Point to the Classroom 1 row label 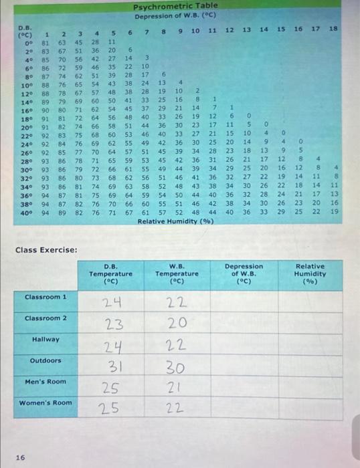click(x=46, y=296)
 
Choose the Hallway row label click(x=46, y=340)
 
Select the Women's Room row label click(x=46, y=402)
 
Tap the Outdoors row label click(x=46, y=361)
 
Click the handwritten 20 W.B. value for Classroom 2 click(x=177, y=326)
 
